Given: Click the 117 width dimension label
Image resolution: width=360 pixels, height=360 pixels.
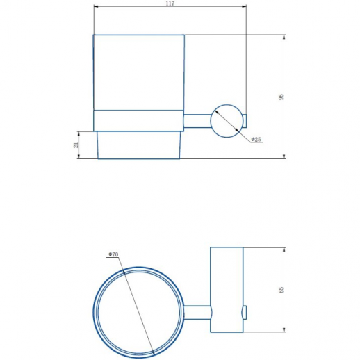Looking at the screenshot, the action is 170,3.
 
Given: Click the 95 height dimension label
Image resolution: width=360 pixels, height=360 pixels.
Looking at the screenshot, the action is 281,97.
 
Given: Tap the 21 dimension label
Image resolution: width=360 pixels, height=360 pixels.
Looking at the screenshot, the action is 76,145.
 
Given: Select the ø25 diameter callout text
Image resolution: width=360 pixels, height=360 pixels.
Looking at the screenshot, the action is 256,139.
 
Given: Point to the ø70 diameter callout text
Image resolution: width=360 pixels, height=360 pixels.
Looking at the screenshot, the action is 113,254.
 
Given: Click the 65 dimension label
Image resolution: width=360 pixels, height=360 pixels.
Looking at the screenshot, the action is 281,290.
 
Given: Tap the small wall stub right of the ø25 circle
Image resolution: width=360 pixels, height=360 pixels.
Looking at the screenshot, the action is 245,121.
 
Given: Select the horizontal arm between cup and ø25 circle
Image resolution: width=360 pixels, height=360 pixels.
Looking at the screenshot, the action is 197,121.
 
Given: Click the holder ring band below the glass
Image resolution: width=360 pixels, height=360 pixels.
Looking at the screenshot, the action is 139,121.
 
